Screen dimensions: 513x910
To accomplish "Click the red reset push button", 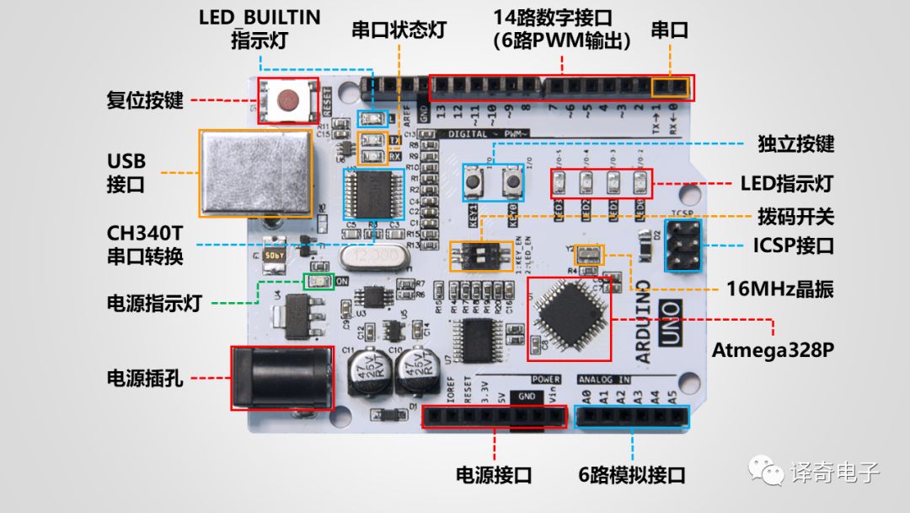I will [x=288, y=101].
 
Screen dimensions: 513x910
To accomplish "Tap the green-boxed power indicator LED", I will [x=318, y=282].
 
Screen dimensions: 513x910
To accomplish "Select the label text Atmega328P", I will [x=773, y=349].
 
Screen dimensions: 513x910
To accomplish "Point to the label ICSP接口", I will [x=793, y=246].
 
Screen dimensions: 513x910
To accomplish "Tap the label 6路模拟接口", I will [x=632, y=475].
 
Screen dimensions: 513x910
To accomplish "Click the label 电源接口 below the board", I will [x=494, y=475].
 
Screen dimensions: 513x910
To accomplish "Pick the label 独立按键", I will [x=796, y=143].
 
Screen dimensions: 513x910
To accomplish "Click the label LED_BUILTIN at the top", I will [x=260, y=18].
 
